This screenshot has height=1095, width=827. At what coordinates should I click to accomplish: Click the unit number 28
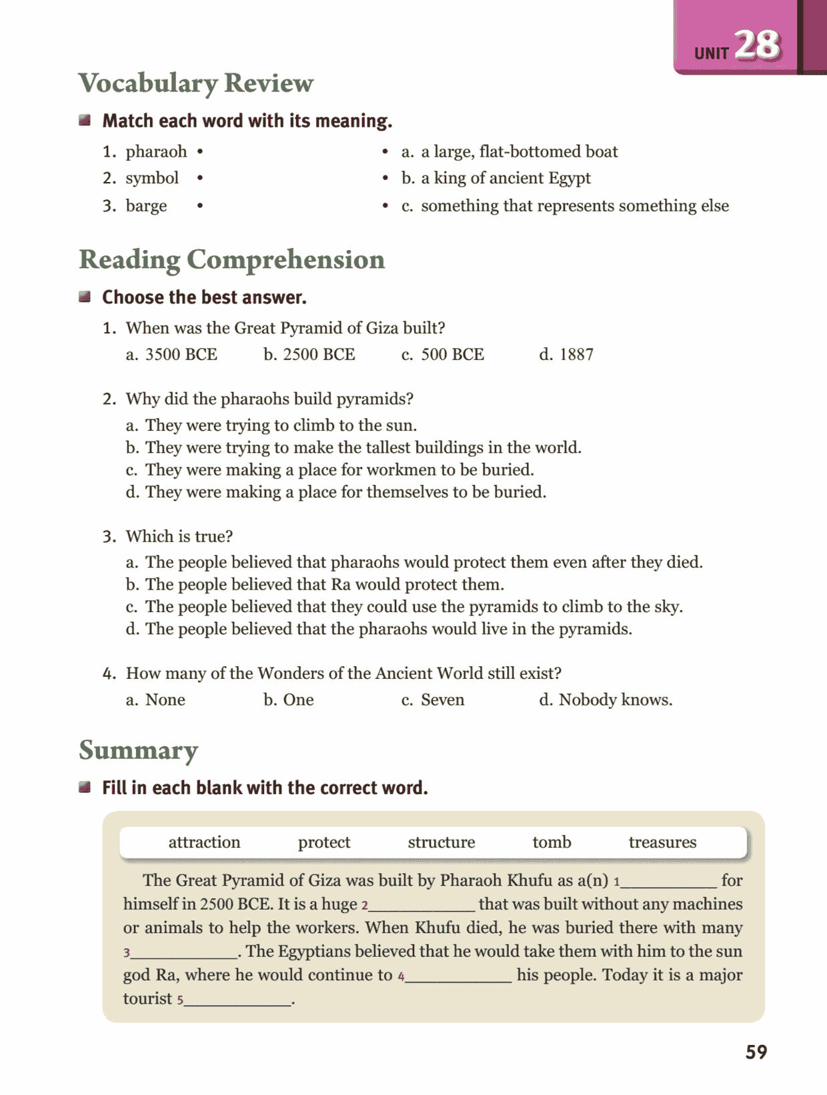(758, 45)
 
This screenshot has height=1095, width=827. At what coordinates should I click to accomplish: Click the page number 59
(756, 1052)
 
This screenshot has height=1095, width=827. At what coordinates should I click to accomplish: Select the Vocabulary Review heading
(195, 83)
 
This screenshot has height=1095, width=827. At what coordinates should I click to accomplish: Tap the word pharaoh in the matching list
(156, 152)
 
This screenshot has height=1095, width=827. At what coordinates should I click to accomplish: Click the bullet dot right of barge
(200, 206)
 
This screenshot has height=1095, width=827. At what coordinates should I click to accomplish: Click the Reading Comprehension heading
(231, 260)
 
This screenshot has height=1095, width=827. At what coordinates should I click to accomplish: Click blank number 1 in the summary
(668, 882)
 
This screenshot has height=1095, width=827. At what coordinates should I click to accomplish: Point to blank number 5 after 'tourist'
(237, 999)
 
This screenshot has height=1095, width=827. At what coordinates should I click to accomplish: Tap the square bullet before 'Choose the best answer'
(85, 297)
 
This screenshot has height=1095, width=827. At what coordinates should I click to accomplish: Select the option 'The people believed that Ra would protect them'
(324, 585)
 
